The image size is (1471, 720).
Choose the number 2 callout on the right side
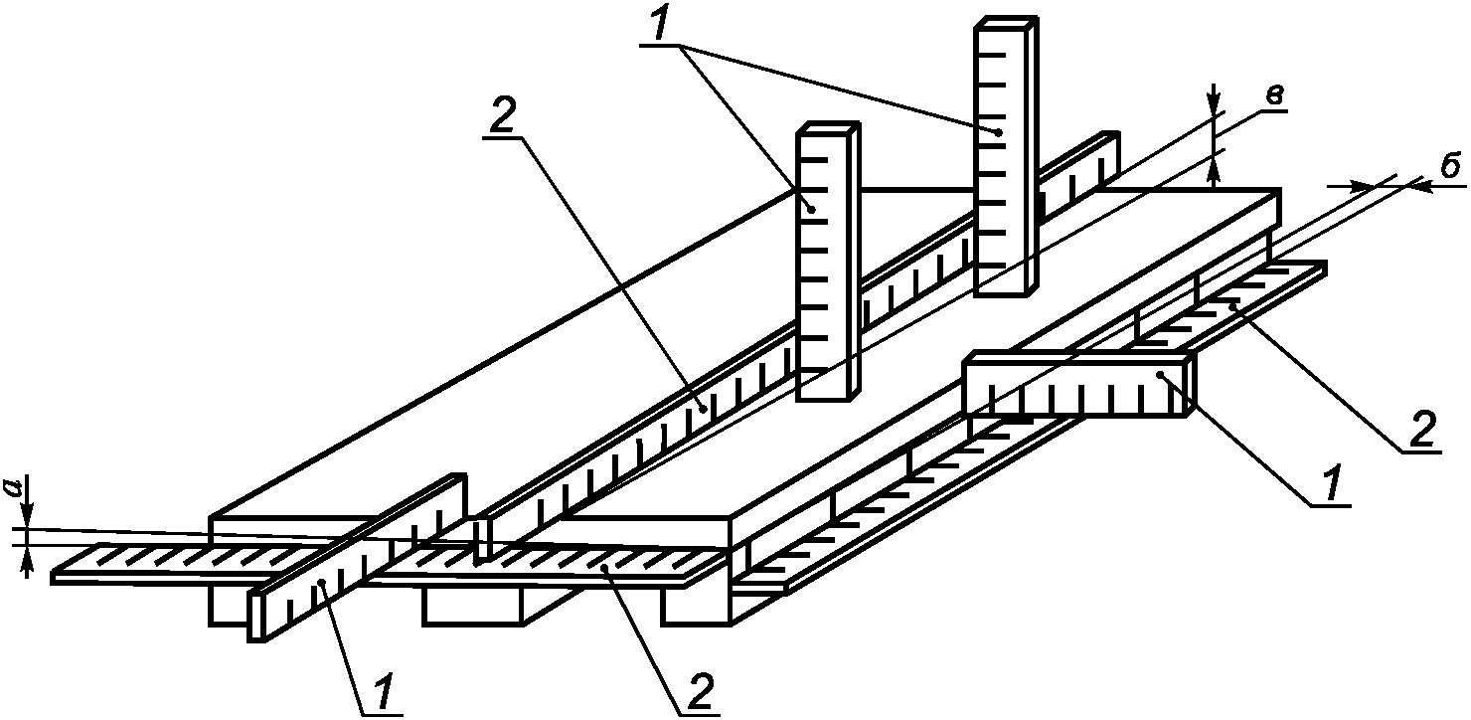pyautogui.click(x=1421, y=431)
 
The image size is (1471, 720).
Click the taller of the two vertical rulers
pyautogui.click(x=1005, y=154)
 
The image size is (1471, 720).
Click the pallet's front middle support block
pyautogui.click(x=475, y=608)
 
